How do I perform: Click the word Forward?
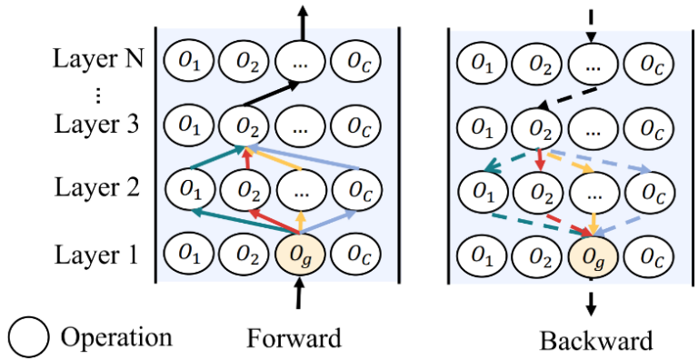(294, 338)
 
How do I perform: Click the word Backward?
(595, 341)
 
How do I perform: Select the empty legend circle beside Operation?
(28, 338)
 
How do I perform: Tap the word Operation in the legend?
(115, 337)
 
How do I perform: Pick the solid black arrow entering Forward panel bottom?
(299, 297)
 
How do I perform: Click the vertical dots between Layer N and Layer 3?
(97, 94)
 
